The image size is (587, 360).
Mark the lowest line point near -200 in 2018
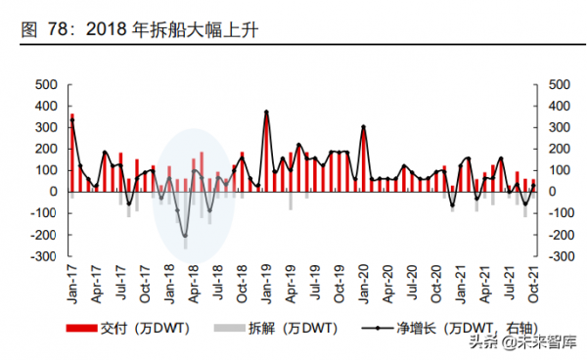tap(185, 236)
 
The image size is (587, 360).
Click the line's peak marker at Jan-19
tap(266, 112)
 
